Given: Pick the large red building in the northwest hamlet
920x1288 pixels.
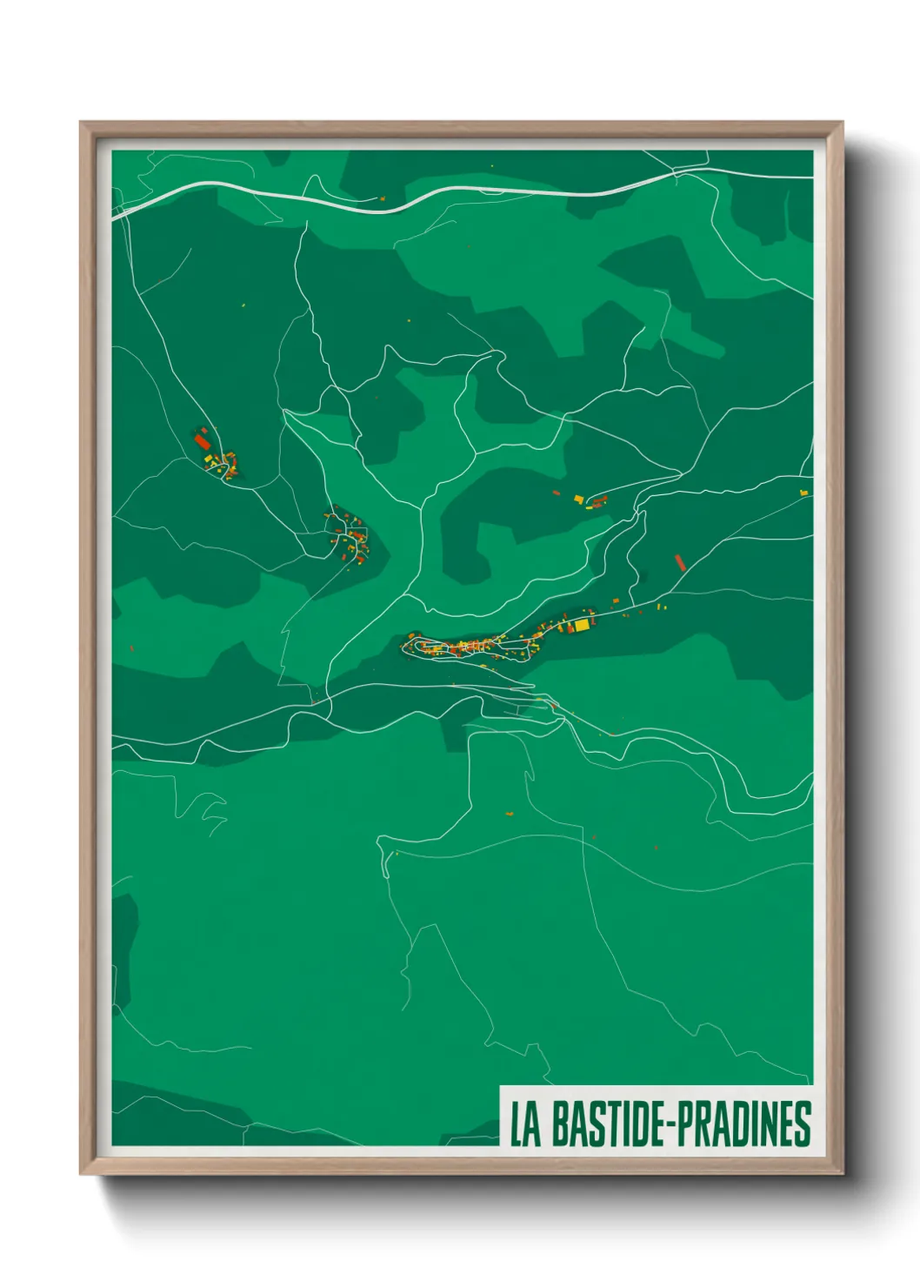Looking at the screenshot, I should click(202, 441).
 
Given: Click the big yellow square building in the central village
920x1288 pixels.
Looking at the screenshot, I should click(581, 624).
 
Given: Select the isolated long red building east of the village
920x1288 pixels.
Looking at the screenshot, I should click(681, 562).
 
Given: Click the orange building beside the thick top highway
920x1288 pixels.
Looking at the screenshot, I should click(381, 198).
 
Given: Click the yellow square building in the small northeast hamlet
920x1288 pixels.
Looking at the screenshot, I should click(578, 499).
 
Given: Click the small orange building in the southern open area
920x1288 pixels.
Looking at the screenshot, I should click(510, 815).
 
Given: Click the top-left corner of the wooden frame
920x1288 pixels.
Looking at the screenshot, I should click(82, 124).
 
